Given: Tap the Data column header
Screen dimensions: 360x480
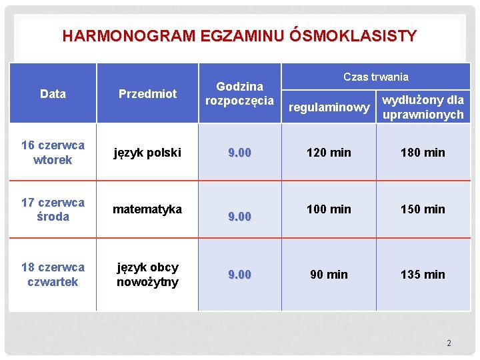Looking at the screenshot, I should click(53, 94).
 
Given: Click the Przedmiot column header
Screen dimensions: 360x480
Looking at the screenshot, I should click(147, 94).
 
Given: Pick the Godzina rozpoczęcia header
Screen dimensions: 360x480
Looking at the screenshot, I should click(239, 93).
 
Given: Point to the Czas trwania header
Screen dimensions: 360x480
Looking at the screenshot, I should click(375, 77).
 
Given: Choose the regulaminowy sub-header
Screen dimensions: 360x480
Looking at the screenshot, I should click(329, 107).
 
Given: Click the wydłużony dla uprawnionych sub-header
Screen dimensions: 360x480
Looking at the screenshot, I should click(423, 107).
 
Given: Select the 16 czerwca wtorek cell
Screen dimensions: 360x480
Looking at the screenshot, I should click(53, 153).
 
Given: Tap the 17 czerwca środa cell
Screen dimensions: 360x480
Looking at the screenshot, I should click(53, 209).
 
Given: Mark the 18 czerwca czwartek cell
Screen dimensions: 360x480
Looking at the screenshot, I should click(53, 275).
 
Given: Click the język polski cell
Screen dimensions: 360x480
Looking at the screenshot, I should click(147, 153).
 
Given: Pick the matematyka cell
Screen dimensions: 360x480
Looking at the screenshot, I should click(147, 209).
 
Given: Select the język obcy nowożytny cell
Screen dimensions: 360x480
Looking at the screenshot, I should click(147, 275).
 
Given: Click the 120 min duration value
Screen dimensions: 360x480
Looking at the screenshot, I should click(329, 153).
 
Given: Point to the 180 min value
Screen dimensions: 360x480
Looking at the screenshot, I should click(423, 153).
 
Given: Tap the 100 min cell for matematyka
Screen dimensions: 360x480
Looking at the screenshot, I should click(329, 209).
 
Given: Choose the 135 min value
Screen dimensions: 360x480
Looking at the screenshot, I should click(423, 275).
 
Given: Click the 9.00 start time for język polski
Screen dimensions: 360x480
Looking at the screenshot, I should click(239, 153).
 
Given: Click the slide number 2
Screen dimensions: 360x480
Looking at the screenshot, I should click(449, 343).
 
